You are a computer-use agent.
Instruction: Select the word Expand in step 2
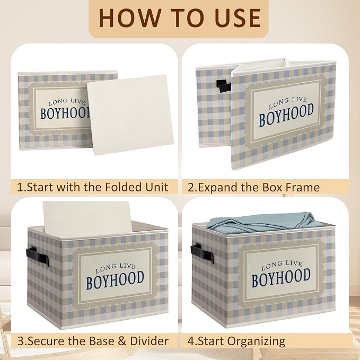218,188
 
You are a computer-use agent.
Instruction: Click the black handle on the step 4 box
201,253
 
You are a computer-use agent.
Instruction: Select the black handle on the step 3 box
38,256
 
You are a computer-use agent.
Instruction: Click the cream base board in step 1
130,115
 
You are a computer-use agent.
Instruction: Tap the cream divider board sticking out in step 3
87,216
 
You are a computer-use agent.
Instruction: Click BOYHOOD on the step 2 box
286,115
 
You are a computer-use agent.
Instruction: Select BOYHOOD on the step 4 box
281,278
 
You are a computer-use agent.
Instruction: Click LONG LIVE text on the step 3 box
116,267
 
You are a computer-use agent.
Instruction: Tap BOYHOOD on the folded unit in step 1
65,113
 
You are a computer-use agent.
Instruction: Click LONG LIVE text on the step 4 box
281,265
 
